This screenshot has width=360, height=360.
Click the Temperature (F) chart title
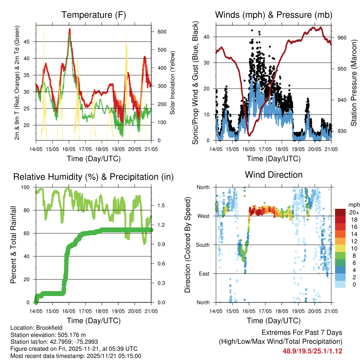pos(93,15)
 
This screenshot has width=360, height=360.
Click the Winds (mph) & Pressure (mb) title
pos(274,15)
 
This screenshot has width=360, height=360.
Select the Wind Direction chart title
pos(274,175)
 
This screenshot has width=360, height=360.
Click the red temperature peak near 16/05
pos(70,29)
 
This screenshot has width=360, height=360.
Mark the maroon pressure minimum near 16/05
pos(249,135)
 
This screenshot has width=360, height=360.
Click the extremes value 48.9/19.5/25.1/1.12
pos(313,351)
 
